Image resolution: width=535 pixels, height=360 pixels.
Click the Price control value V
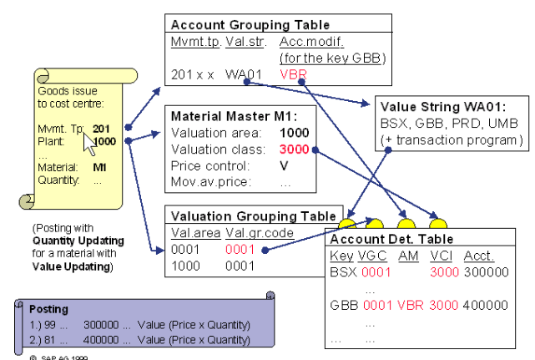click(284, 165)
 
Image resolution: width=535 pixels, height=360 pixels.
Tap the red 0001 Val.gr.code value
click(239, 249)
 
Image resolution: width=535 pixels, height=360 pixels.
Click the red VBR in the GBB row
click(411, 306)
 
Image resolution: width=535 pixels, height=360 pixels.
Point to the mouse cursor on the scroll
click(90, 142)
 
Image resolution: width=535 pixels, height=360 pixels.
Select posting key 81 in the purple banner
click(52, 340)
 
